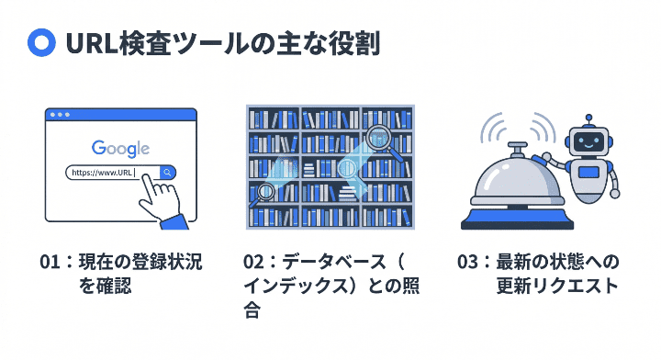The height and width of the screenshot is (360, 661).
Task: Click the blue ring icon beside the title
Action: click(40, 43)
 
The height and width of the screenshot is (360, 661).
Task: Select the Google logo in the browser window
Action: click(120, 148)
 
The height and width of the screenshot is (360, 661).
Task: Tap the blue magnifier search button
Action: click(167, 172)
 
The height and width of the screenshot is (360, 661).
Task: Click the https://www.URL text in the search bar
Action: click(102, 172)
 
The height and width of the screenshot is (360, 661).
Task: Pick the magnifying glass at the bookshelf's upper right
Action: click(377, 138)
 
